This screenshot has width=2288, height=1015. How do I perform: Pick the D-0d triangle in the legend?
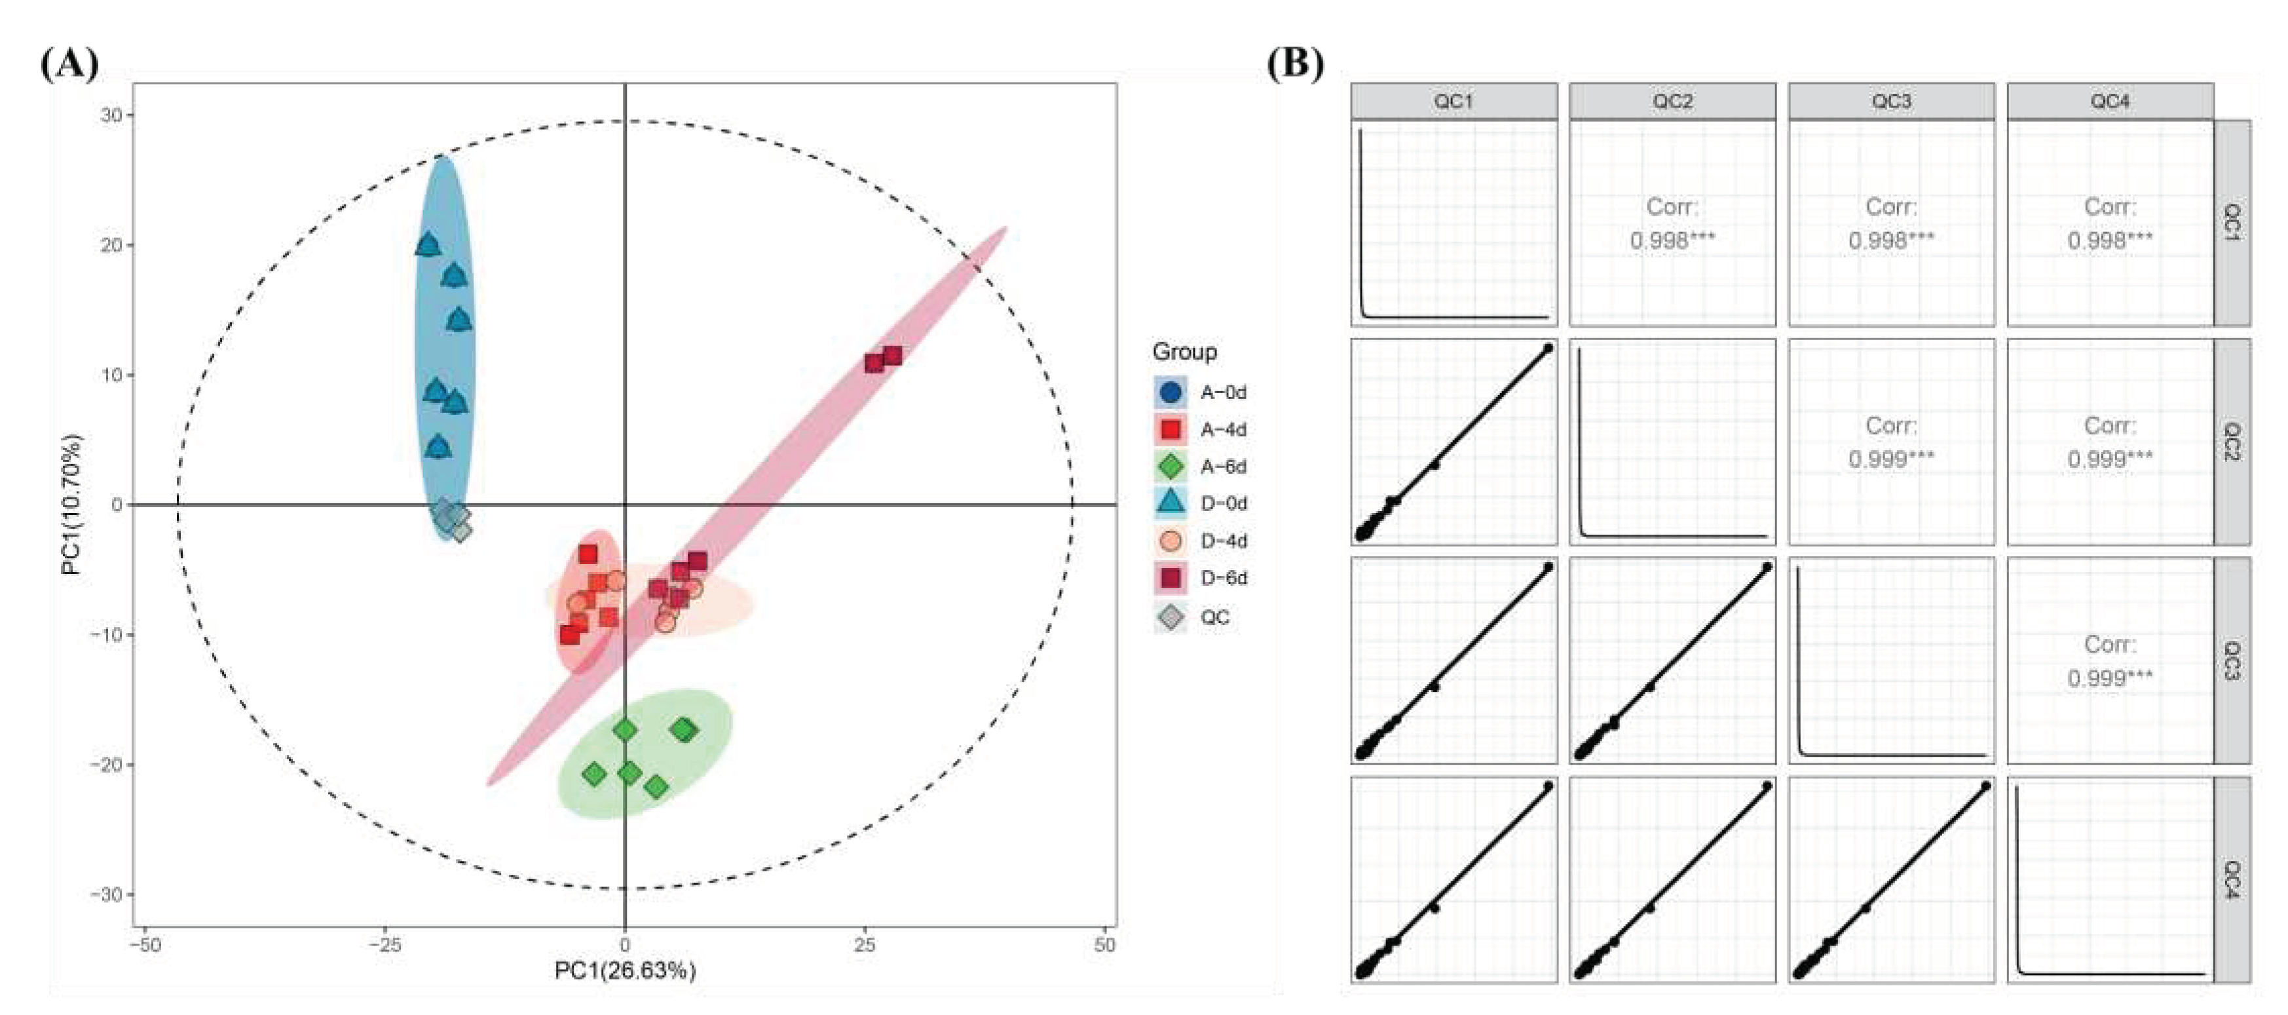(1171, 502)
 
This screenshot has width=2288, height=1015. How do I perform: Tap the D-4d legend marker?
(1171, 541)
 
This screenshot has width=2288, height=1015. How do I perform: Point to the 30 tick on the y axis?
(112, 115)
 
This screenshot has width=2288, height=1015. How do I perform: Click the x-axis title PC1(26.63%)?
(624, 970)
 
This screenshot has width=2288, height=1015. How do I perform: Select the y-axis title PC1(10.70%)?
(71, 504)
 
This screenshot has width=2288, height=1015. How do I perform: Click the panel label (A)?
(69, 64)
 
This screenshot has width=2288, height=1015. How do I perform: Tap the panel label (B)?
(1294, 64)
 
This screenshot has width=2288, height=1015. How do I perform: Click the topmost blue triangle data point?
(428, 244)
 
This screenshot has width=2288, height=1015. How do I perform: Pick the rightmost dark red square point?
(891, 356)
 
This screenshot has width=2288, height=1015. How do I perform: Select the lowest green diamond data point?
(656, 786)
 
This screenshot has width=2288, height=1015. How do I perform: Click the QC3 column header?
(1891, 102)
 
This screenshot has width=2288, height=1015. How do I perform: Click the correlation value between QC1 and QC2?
(1672, 240)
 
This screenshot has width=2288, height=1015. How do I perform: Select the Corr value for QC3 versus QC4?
(2109, 678)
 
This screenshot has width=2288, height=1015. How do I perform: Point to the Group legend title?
(1184, 352)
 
